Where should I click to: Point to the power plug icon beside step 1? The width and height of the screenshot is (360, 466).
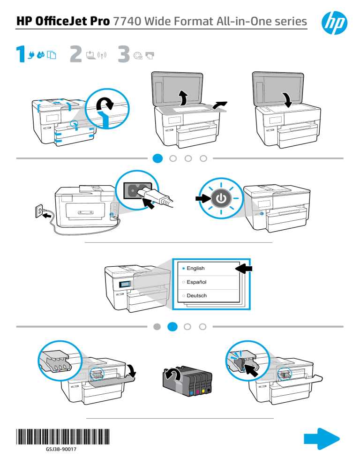pos(32,55)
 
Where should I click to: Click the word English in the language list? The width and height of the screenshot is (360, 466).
pos(195,268)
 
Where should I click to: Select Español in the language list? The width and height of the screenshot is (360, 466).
pos(196,282)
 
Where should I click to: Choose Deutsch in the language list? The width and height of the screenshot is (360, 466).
pos(196,296)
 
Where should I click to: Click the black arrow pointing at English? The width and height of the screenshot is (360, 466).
pos(243,269)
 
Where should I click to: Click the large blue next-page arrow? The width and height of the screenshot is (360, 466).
pos(322,439)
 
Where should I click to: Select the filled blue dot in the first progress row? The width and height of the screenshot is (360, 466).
pos(158,158)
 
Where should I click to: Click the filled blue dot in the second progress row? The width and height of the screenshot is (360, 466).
pos(173,326)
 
